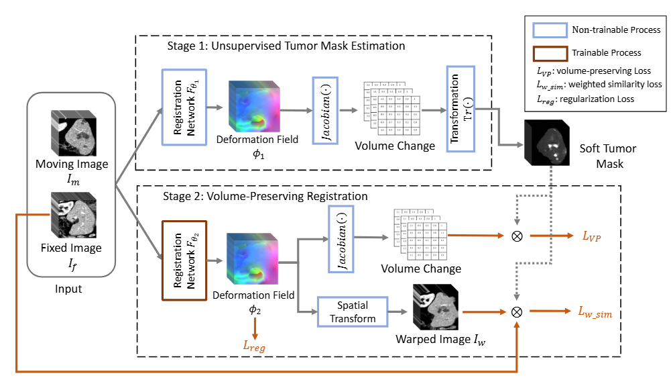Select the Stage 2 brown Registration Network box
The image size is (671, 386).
[184, 260]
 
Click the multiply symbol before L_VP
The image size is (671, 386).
[517, 236]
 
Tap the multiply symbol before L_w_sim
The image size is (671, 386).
[517, 311]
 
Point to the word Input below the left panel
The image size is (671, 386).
[68, 289]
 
